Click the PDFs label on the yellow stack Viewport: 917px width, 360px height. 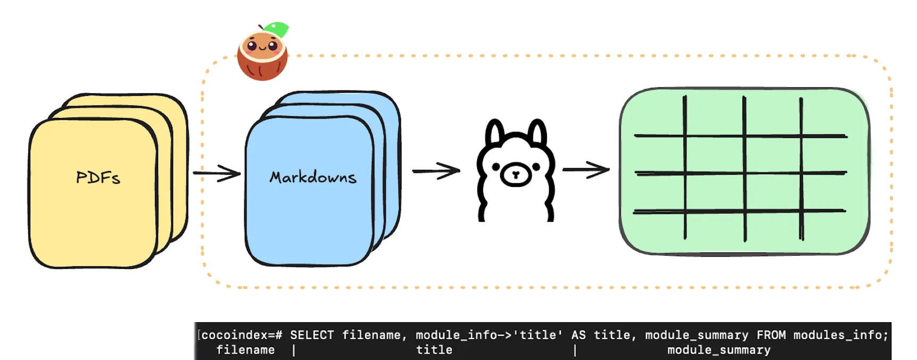click(98, 177)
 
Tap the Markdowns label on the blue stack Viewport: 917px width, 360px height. click(313, 177)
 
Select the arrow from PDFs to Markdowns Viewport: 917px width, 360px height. click(217, 173)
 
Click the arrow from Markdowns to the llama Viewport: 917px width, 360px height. click(436, 170)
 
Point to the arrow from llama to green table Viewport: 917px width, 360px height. click(586, 170)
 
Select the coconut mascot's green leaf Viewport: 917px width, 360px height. click(276, 29)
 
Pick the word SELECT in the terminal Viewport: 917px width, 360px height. click(312, 335)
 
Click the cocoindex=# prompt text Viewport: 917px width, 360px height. click(242, 335)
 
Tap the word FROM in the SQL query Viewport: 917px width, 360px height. click(771, 335)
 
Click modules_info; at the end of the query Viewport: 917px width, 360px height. click(841, 335)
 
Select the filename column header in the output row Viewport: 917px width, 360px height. click(245, 350)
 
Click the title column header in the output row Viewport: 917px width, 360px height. click(434, 350)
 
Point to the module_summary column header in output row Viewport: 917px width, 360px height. click(719, 350)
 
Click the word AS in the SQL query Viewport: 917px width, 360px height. click(578, 335)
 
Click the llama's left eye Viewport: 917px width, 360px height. click(496, 167)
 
